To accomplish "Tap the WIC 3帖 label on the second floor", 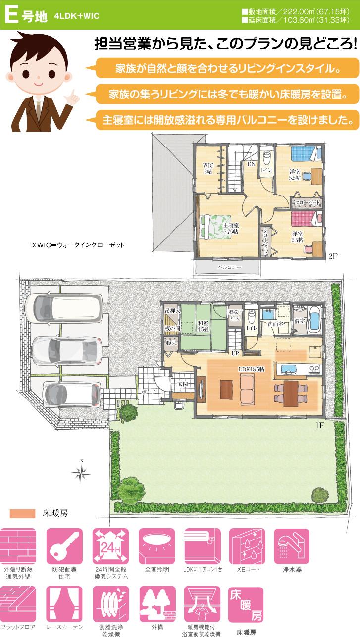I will click(208, 168).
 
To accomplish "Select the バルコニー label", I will click(229, 267).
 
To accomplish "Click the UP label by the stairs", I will click(235, 353).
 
